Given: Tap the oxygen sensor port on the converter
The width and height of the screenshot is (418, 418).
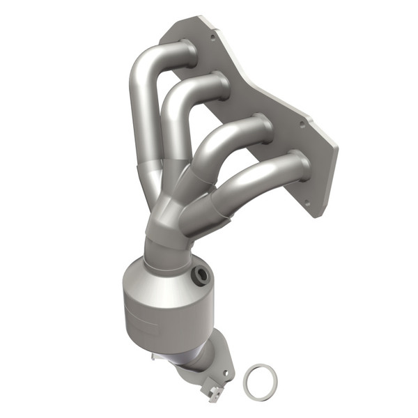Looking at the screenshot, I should click(203, 274).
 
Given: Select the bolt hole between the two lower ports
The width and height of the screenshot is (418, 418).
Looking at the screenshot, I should click(302, 126).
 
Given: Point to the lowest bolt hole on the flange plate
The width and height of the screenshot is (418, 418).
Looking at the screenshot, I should click(304, 204).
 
